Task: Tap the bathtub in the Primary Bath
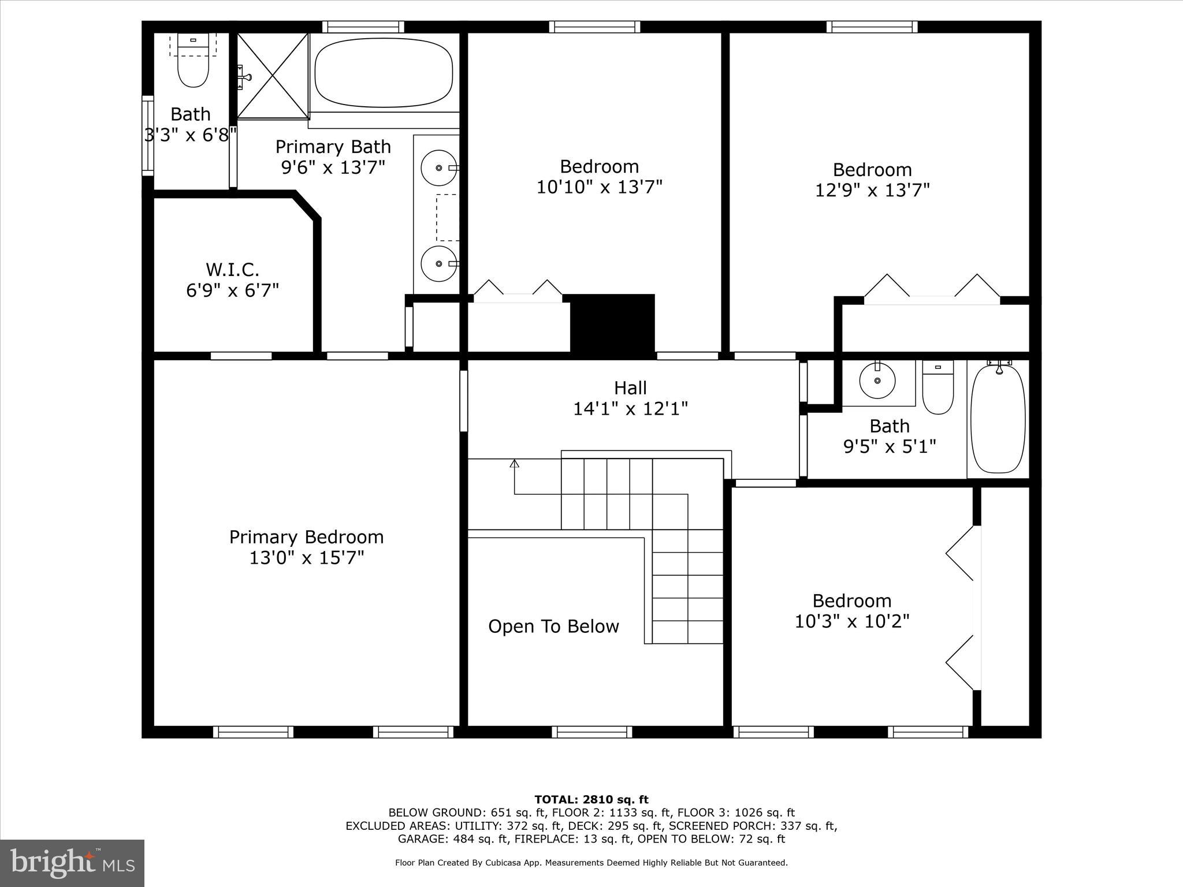(384, 73)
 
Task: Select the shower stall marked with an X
(273, 75)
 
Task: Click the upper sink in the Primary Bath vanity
(439, 167)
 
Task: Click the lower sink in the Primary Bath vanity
(439, 263)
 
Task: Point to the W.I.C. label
(232, 270)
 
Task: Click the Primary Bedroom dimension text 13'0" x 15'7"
(307, 558)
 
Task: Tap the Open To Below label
(553, 627)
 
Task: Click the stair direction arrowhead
(514, 463)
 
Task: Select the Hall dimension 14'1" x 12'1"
(630, 409)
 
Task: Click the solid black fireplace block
(612, 323)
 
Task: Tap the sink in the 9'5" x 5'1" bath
(877, 381)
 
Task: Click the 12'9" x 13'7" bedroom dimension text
(872, 190)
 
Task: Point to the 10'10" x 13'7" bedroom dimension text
(599, 187)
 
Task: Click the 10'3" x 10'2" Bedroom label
(852, 601)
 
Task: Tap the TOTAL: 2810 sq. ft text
(591, 800)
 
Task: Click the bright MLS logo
(72, 863)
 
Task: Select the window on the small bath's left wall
(148, 136)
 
